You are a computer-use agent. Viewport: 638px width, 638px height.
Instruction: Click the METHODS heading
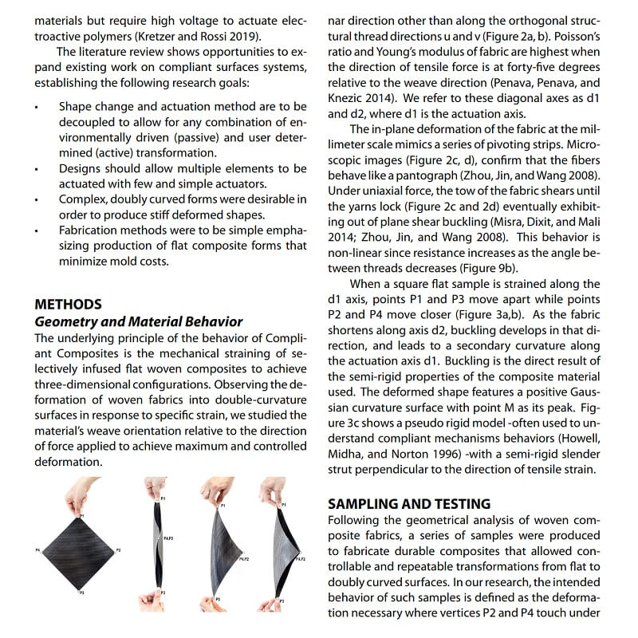tap(68, 304)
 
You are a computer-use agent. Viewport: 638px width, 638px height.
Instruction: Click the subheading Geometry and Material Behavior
tap(138, 321)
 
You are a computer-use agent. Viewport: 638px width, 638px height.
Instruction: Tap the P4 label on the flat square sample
tap(37, 550)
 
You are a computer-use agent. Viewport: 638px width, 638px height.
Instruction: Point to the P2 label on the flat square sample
tap(119, 550)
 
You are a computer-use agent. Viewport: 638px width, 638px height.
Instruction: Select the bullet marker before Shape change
tap(37, 106)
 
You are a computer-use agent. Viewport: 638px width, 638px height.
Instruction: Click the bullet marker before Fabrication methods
tap(37, 230)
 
